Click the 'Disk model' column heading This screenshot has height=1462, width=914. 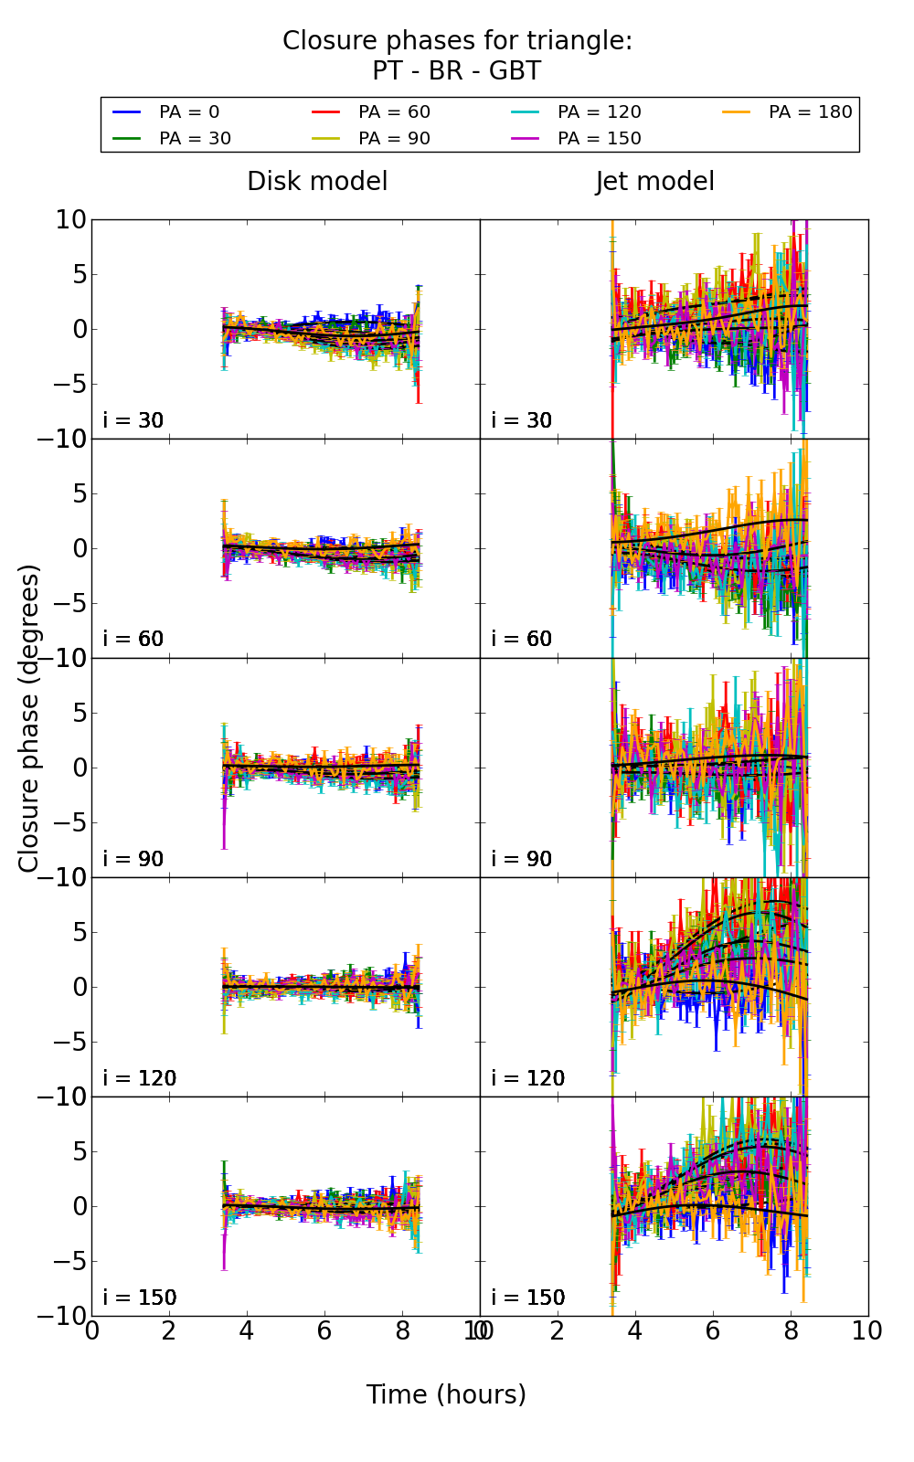tap(317, 182)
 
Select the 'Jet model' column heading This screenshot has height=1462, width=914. tap(654, 182)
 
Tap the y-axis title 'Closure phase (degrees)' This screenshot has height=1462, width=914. tap(29, 718)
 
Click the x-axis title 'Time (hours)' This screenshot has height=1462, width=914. tap(446, 1394)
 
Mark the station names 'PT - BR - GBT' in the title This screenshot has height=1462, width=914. tap(456, 71)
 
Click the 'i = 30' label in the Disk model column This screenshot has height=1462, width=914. tap(133, 420)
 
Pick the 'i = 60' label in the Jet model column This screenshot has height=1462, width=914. tap(522, 639)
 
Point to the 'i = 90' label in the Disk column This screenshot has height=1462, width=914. tap(133, 859)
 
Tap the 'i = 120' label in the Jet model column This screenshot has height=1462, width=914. tap(528, 1078)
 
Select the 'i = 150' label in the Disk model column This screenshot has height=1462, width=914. tap(140, 1298)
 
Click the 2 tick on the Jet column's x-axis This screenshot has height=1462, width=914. tap(558, 1331)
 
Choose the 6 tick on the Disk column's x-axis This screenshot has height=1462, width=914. tap(324, 1331)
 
